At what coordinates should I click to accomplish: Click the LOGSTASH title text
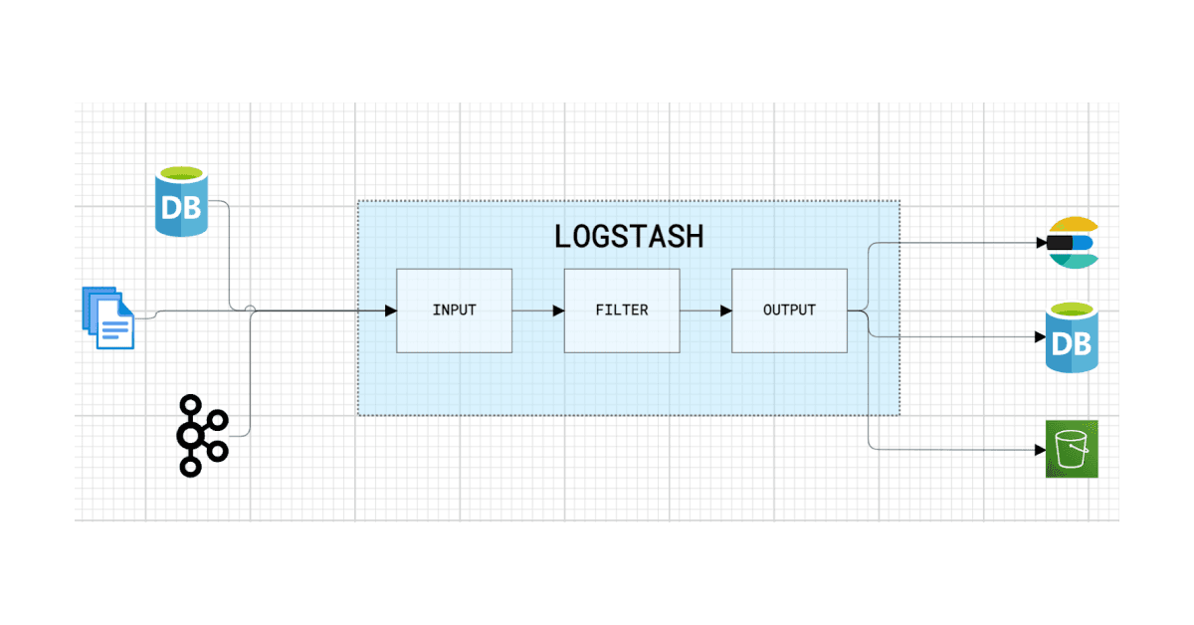click(x=628, y=236)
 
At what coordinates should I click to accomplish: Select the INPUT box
click(x=454, y=311)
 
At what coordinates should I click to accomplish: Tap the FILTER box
click(x=622, y=311)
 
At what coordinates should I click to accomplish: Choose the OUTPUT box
click(x=789, y=311)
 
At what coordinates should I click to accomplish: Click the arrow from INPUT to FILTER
click(x=538, y=311)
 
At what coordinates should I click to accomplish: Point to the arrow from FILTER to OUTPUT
click(x=705, y=311)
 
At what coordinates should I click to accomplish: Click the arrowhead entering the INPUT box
click(x=390, y=311)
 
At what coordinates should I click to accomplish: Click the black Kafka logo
click(x=201, y=435)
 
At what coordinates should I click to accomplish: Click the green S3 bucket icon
click(x=1071, y=449)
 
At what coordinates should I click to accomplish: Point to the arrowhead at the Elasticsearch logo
click(x=1041, y=242)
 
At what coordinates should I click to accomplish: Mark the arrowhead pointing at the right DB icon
click(x=1039, y=337)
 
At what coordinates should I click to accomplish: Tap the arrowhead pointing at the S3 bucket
click(x=1039, y=450)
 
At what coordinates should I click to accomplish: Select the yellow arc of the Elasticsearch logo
click(x=1073, y=225)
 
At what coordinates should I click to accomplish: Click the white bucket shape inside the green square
click(x=1072, y=450)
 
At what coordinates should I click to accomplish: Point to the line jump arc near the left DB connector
click(x=251, y=311)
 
